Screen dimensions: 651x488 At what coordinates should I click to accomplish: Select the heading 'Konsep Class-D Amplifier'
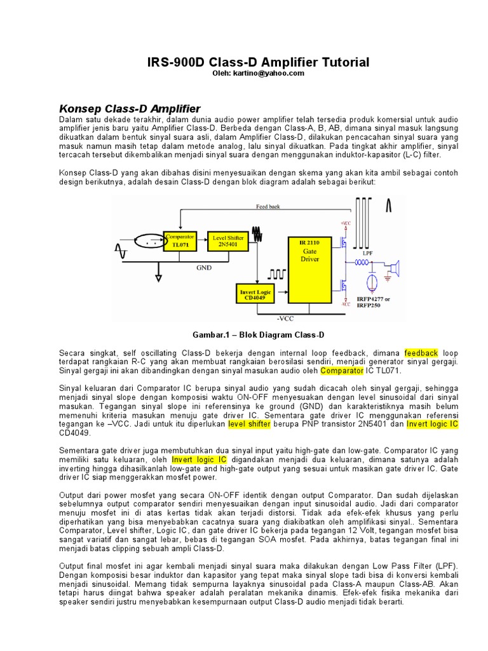[130, 108]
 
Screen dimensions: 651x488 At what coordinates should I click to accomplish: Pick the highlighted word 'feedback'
[421, 353]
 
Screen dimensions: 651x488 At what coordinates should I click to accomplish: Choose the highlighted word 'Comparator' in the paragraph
[341, 370]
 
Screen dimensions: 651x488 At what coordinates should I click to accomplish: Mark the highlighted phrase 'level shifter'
[250, 424]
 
